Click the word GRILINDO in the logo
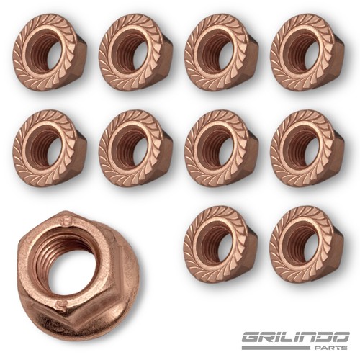tap(295, 338)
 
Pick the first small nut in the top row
tap(50, 52)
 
